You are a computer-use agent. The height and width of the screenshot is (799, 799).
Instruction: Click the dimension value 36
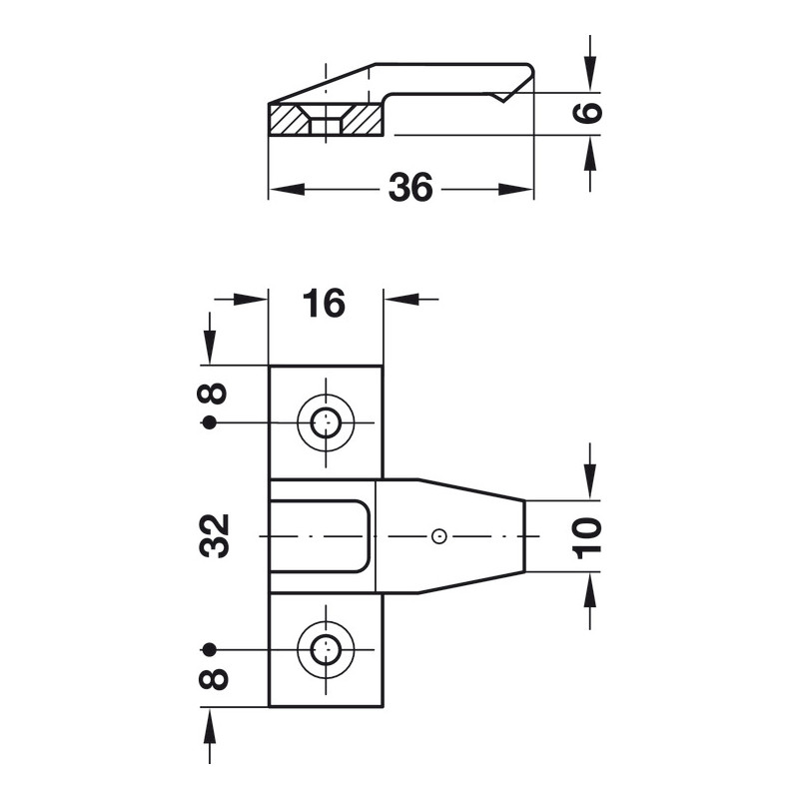[409, 188]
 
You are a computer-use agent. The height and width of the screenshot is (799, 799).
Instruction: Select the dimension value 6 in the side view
[590, 112]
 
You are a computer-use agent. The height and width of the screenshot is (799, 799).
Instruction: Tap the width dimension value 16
[324, 303]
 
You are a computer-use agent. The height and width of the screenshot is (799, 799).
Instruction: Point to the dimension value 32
[215, 535]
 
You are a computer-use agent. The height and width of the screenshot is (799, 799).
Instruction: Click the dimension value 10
[590, 535]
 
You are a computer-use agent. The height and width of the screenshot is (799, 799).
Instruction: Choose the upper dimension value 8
[214, 394]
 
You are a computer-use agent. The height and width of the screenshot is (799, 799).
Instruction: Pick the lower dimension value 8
[214, 679]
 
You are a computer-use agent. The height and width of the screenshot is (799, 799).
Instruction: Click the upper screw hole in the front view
[325, 423]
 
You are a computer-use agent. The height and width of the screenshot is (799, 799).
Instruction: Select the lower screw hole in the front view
[325, 650]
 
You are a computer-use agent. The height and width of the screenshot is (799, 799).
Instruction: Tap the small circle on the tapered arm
[437, 536]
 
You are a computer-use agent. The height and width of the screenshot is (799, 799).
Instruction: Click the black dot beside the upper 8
[209, 423]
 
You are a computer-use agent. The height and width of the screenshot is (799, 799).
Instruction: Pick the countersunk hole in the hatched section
[325, 124]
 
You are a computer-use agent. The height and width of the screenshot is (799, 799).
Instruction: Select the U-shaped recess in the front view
[320, 536]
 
